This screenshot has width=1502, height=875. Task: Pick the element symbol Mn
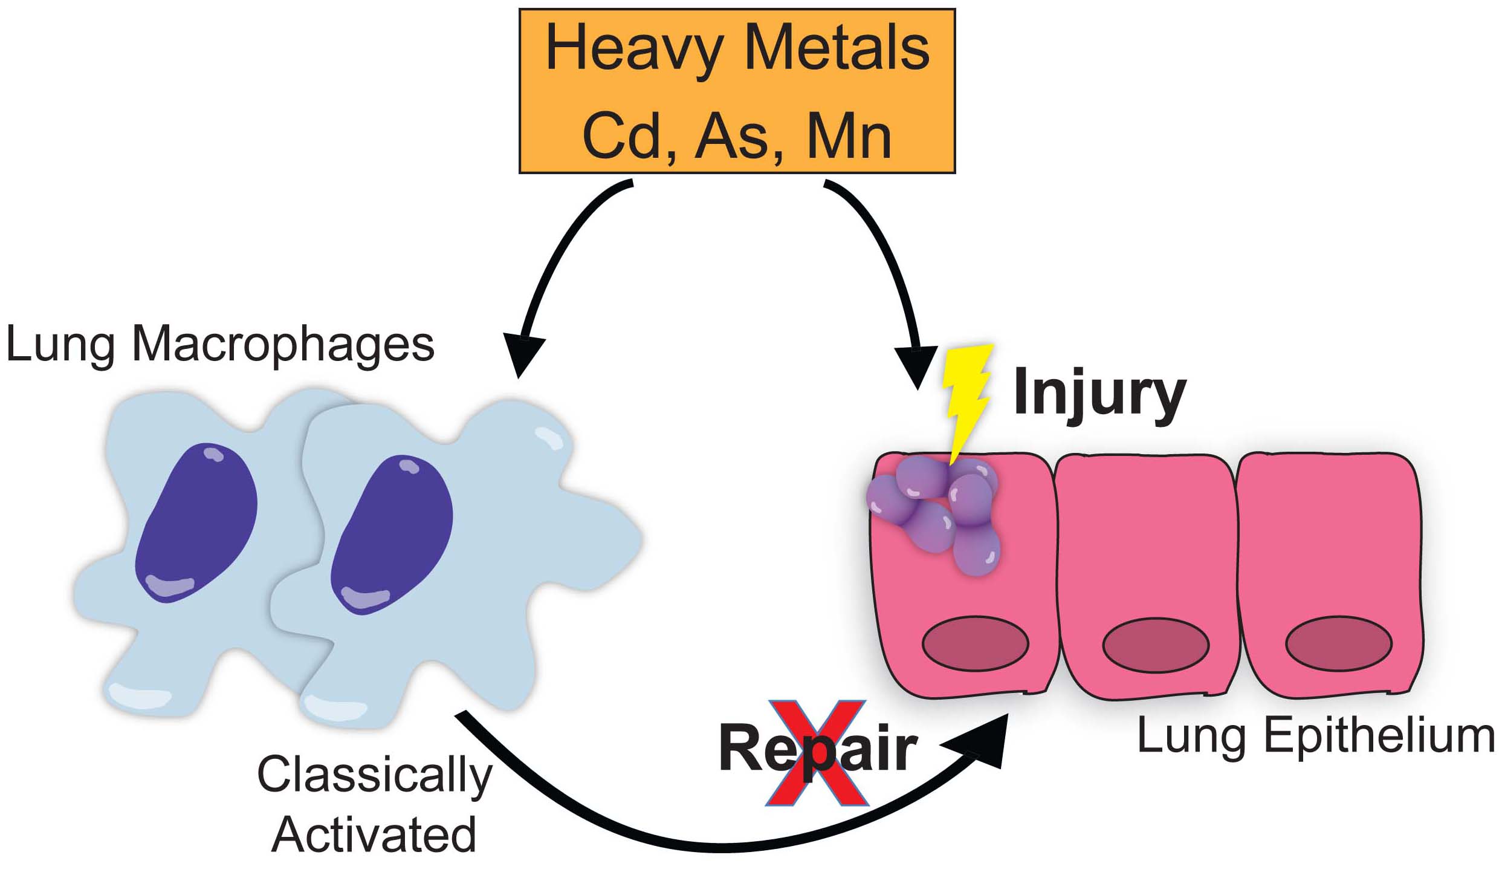click(849, 138)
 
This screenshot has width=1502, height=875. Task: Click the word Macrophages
click(283, 345)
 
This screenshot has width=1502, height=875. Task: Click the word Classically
click(375, 776)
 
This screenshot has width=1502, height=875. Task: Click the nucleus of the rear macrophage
click(196, 523)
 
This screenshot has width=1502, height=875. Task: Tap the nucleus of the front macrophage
click(392, 535)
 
